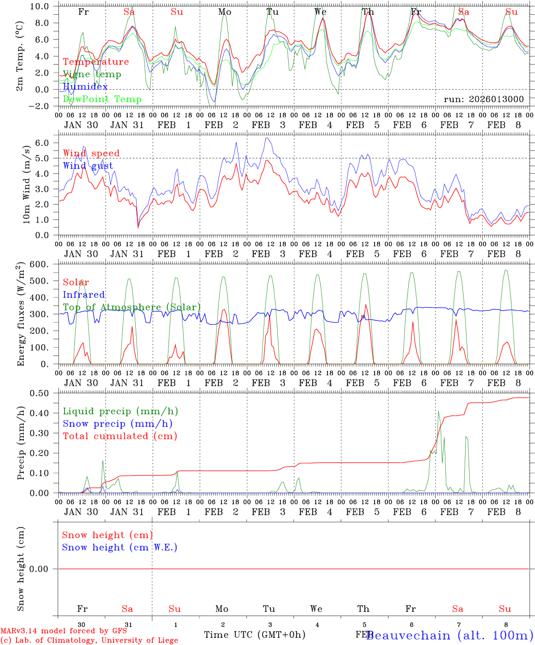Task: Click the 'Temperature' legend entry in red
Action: click(96, 62)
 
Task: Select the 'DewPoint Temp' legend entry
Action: click(102, 99)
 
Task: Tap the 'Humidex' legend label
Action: click(85, 87)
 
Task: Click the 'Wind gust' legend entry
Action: click(88, 166)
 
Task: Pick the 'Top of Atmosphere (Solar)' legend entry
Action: click(132, 307)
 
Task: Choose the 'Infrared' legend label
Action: click(84, 295)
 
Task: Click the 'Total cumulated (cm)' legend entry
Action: click(120, 436)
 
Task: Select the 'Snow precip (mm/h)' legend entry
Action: click(117, 424)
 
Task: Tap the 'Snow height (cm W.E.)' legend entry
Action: click(120, 547)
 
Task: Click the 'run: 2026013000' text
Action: click(483, 99)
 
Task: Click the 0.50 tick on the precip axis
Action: click(39, 393)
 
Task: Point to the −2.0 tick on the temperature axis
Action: click(40, 106)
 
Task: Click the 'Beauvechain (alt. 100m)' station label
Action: click(449, 635)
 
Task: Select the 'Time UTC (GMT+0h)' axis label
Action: click(255, 635)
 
